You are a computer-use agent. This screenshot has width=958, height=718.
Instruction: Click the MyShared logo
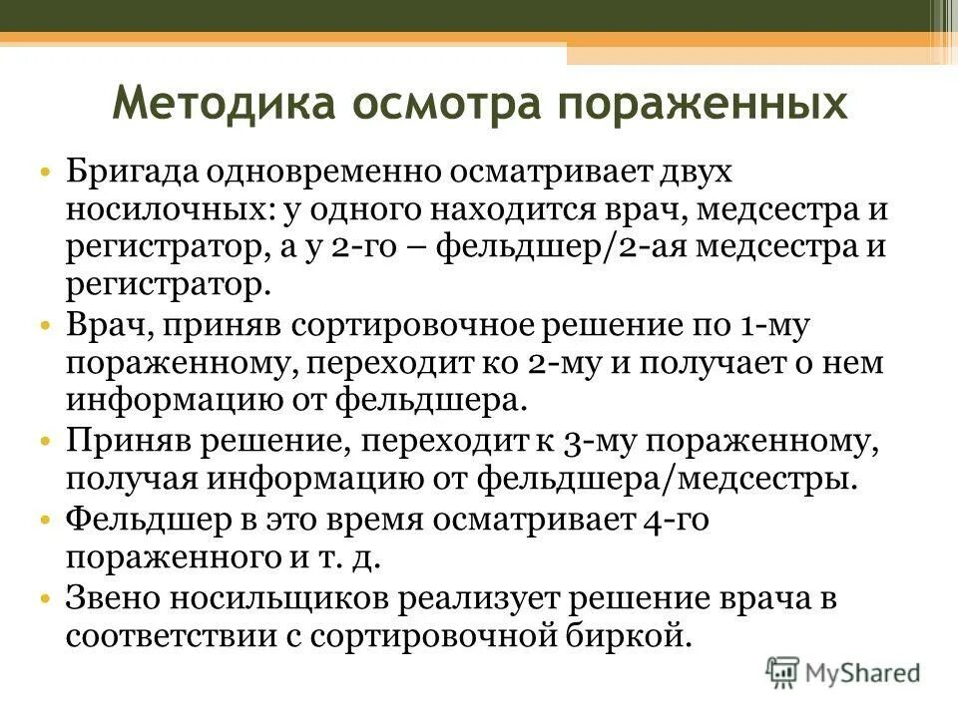click(844, 671)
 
